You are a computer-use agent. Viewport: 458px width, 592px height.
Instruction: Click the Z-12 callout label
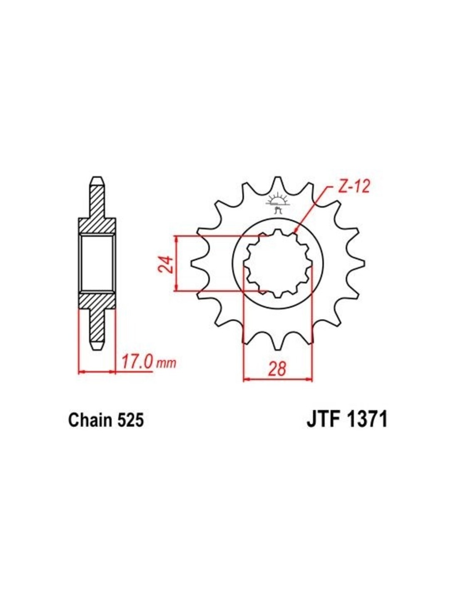(x=352, y=187)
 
